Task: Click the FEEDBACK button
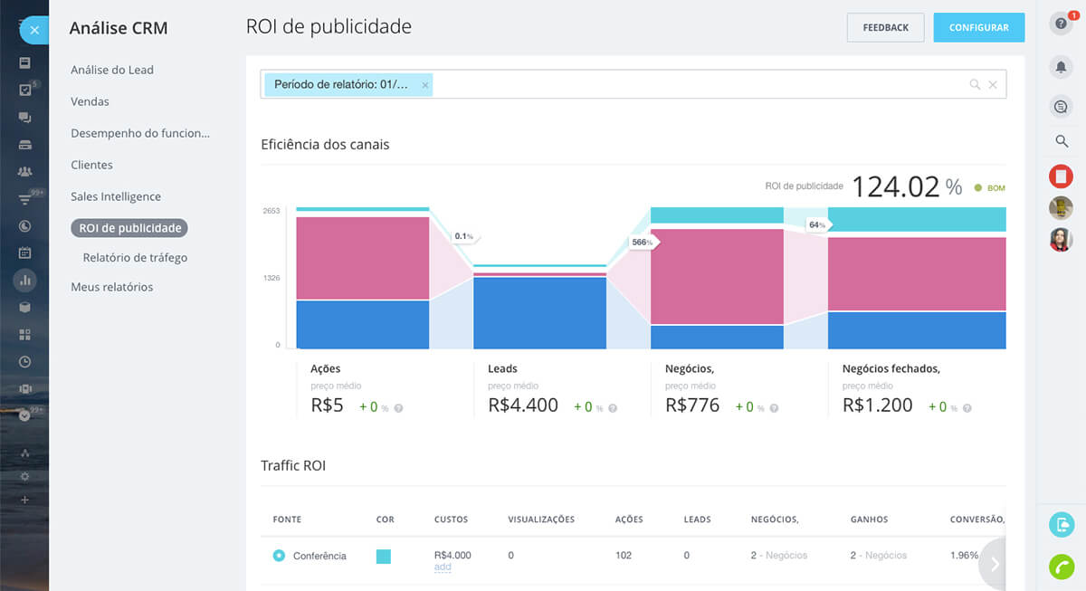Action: tap(885, 27)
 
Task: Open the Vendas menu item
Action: tap(90, 101)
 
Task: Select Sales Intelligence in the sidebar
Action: tap(116, 196)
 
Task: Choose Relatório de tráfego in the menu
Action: tap(135, 257)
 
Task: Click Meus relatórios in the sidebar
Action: tap(112, 287)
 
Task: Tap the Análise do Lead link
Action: tap(112, 70)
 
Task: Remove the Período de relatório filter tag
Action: tap(425, 85)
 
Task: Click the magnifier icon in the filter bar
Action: tap(975, 84)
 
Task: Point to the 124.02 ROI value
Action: tap(895, 186)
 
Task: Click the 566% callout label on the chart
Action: tap(643, 243)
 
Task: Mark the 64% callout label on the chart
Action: tap(816, 224)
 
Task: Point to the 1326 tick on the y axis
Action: tap(271, 278)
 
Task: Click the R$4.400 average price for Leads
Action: tap(523, 405)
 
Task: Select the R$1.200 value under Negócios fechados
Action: tap(877, 405)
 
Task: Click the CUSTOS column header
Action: tap(451, 520)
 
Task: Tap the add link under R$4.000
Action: tap(443, 567)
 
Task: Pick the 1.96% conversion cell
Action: tap(965, 555)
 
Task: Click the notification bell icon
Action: tap(1061, 66)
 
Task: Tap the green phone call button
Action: tap(1061, 566)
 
